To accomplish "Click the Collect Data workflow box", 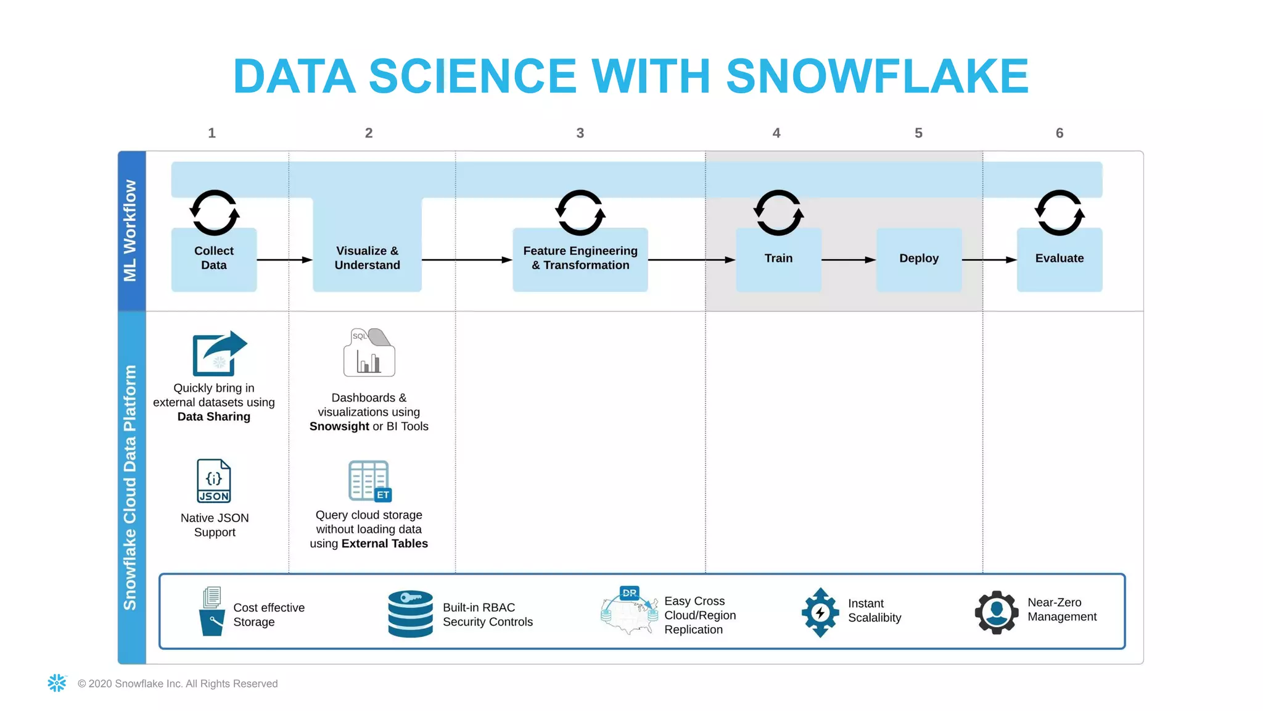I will coord(214,259).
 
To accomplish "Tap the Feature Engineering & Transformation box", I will coord(580,259).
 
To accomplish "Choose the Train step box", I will coord(778,259).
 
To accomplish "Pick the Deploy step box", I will coord(918,259).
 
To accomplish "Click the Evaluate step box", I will coord(1059,259).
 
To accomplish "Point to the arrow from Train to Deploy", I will coord(849,260).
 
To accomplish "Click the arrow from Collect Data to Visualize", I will coord(284,260).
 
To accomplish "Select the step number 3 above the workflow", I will coord(580,133).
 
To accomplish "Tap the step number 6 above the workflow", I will coord(1059,133).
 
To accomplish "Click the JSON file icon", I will coord(214,481).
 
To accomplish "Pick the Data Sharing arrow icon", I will coord(220,354).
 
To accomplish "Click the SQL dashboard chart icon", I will coord(369,353).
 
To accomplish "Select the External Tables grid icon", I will coord(369,481).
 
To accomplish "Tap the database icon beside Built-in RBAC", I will coord(410,613).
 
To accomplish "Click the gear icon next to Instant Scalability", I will coord(820,612).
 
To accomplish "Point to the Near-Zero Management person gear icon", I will coord(996,612).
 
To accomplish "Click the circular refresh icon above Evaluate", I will coord(1059,213).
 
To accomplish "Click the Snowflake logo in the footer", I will coord(57,683).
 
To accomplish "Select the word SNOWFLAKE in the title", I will coord(877,77).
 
